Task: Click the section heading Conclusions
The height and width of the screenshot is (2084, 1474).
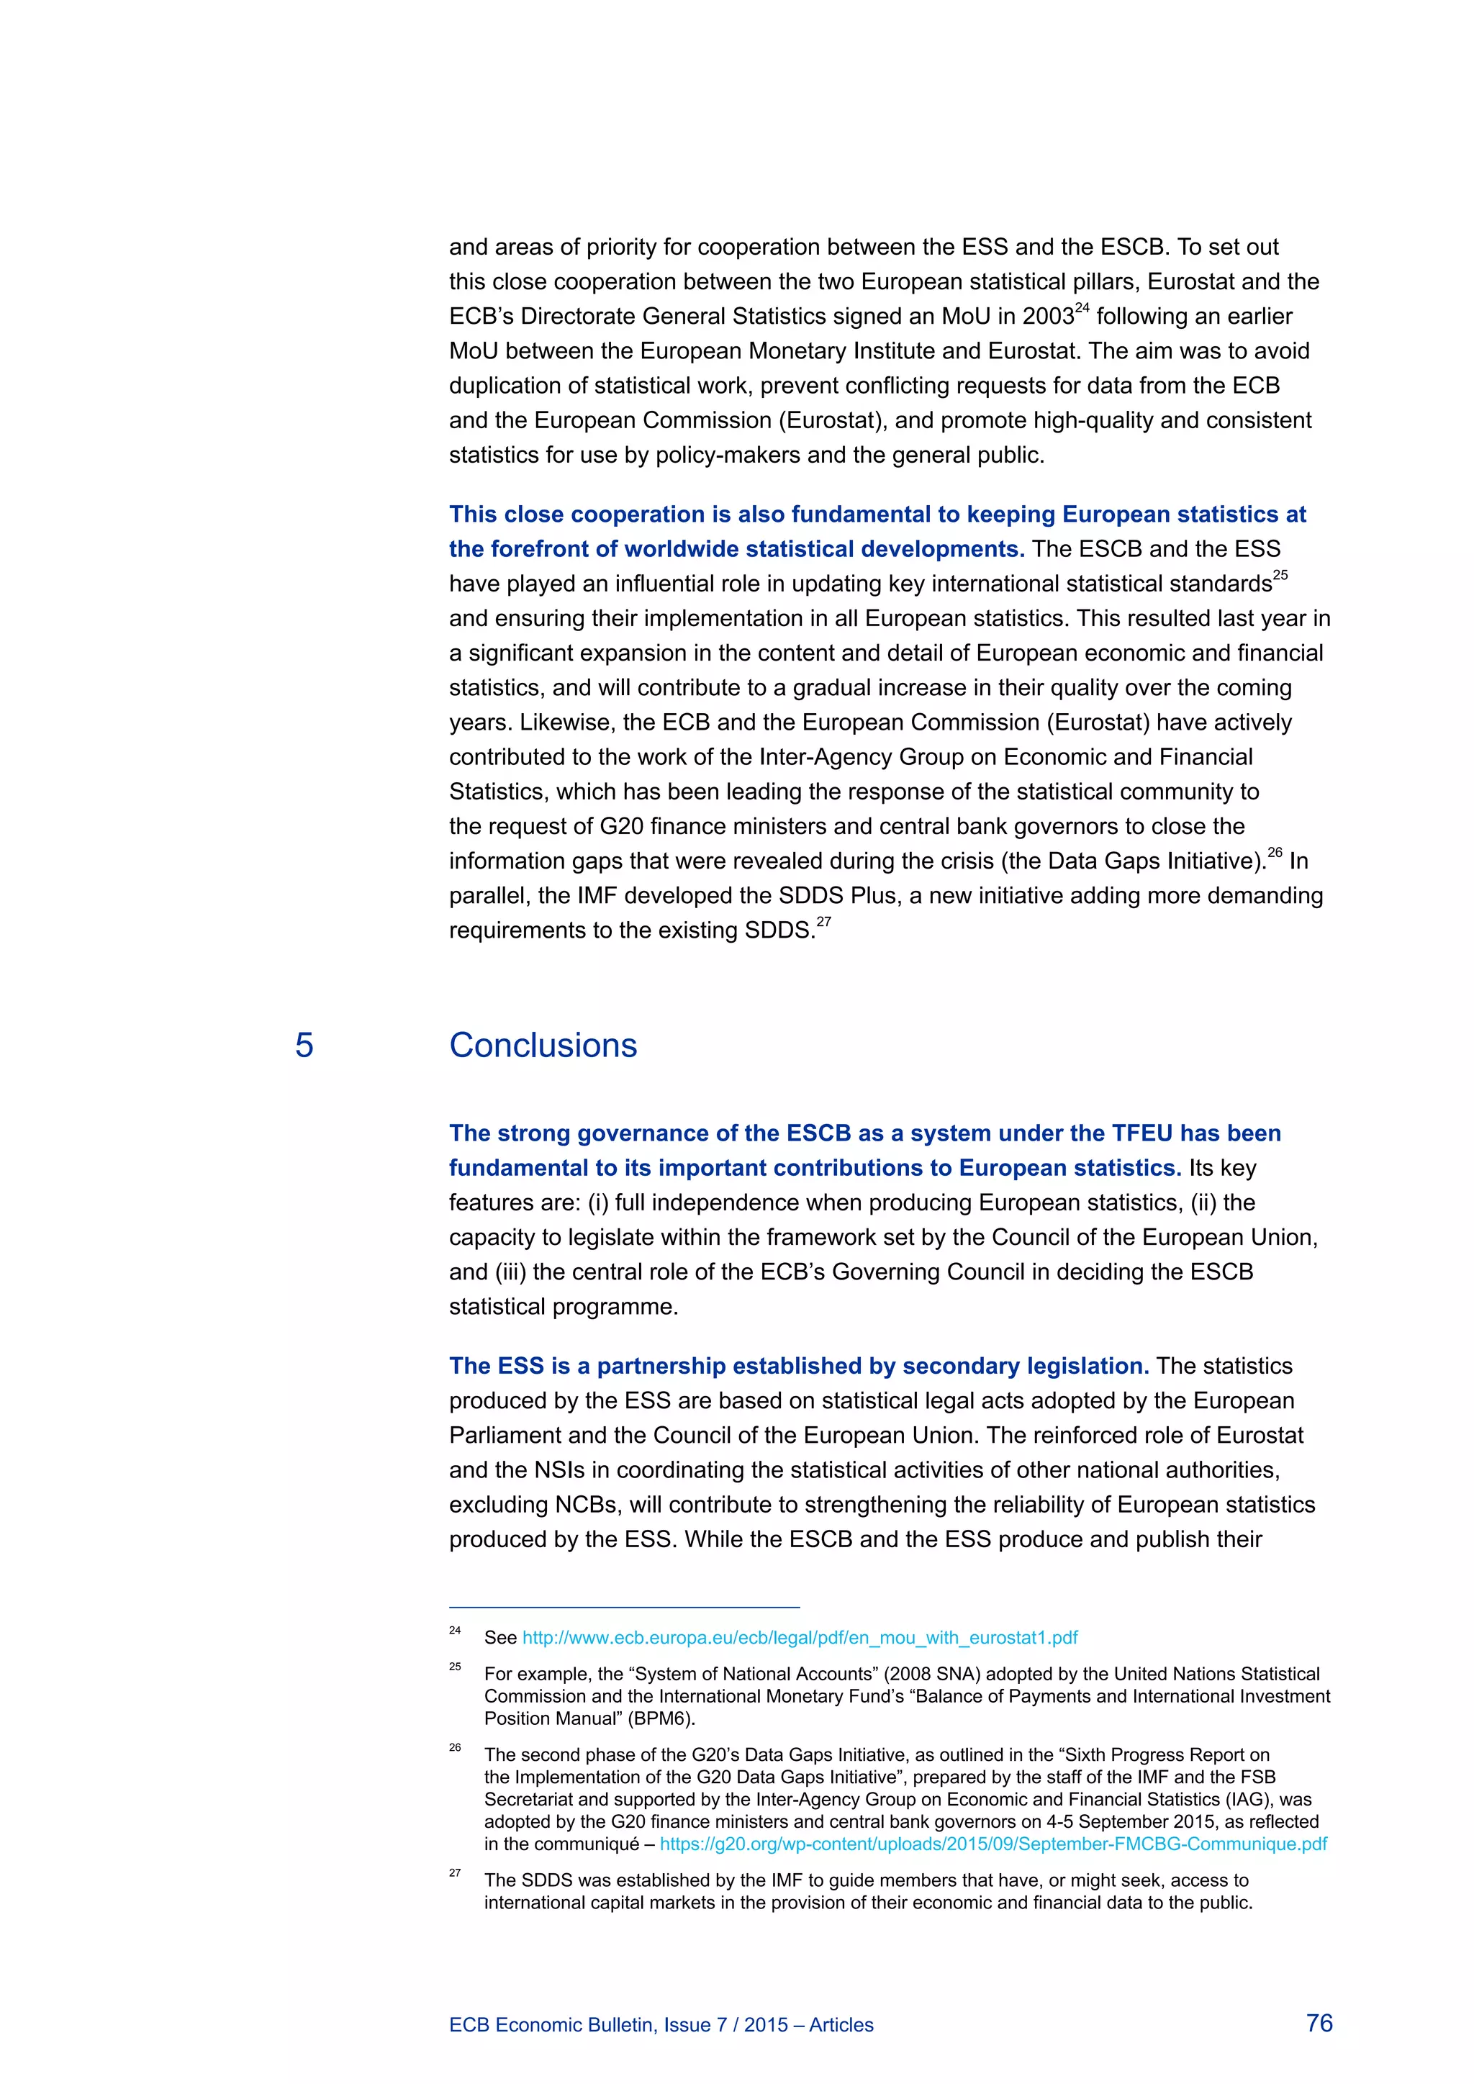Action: pos(543,1046)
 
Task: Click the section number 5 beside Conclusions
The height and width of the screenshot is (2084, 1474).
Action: pos(304,1046)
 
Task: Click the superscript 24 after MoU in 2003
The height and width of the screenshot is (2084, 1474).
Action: pos(1082,309)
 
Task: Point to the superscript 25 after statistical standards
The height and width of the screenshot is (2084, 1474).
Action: pos(1280,576)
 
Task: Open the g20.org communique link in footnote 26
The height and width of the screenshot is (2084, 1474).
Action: pos(993,1844)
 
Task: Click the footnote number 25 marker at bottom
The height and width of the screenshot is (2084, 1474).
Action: pos(455,1667)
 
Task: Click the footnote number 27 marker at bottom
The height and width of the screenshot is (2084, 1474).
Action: pos(455,1873)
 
